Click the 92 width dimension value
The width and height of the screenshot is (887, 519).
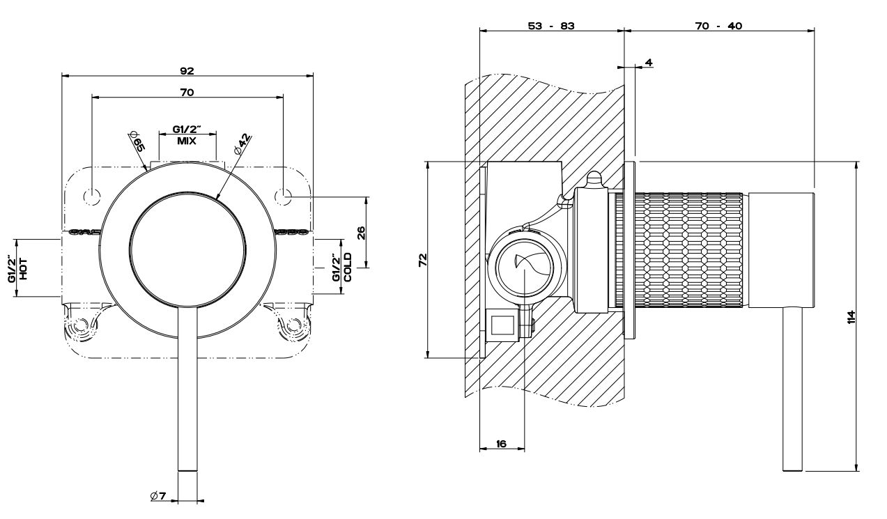click(187, 70)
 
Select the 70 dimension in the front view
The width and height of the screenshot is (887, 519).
click(187, 92)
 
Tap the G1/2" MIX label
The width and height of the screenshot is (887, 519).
click(186, 135)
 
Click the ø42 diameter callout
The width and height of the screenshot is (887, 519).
click(242, 144)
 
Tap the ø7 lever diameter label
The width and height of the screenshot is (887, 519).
click(157, 496)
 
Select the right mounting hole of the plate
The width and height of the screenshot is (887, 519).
click(283, 196)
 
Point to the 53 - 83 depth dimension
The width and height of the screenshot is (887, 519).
click(551, 26)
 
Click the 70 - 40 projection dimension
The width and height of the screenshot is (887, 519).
click(718, 26)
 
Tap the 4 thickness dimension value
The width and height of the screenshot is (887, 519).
click(649, 63)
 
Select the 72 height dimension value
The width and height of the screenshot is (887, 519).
click(422, 259)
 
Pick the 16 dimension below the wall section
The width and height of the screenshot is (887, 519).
click(502, 443)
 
